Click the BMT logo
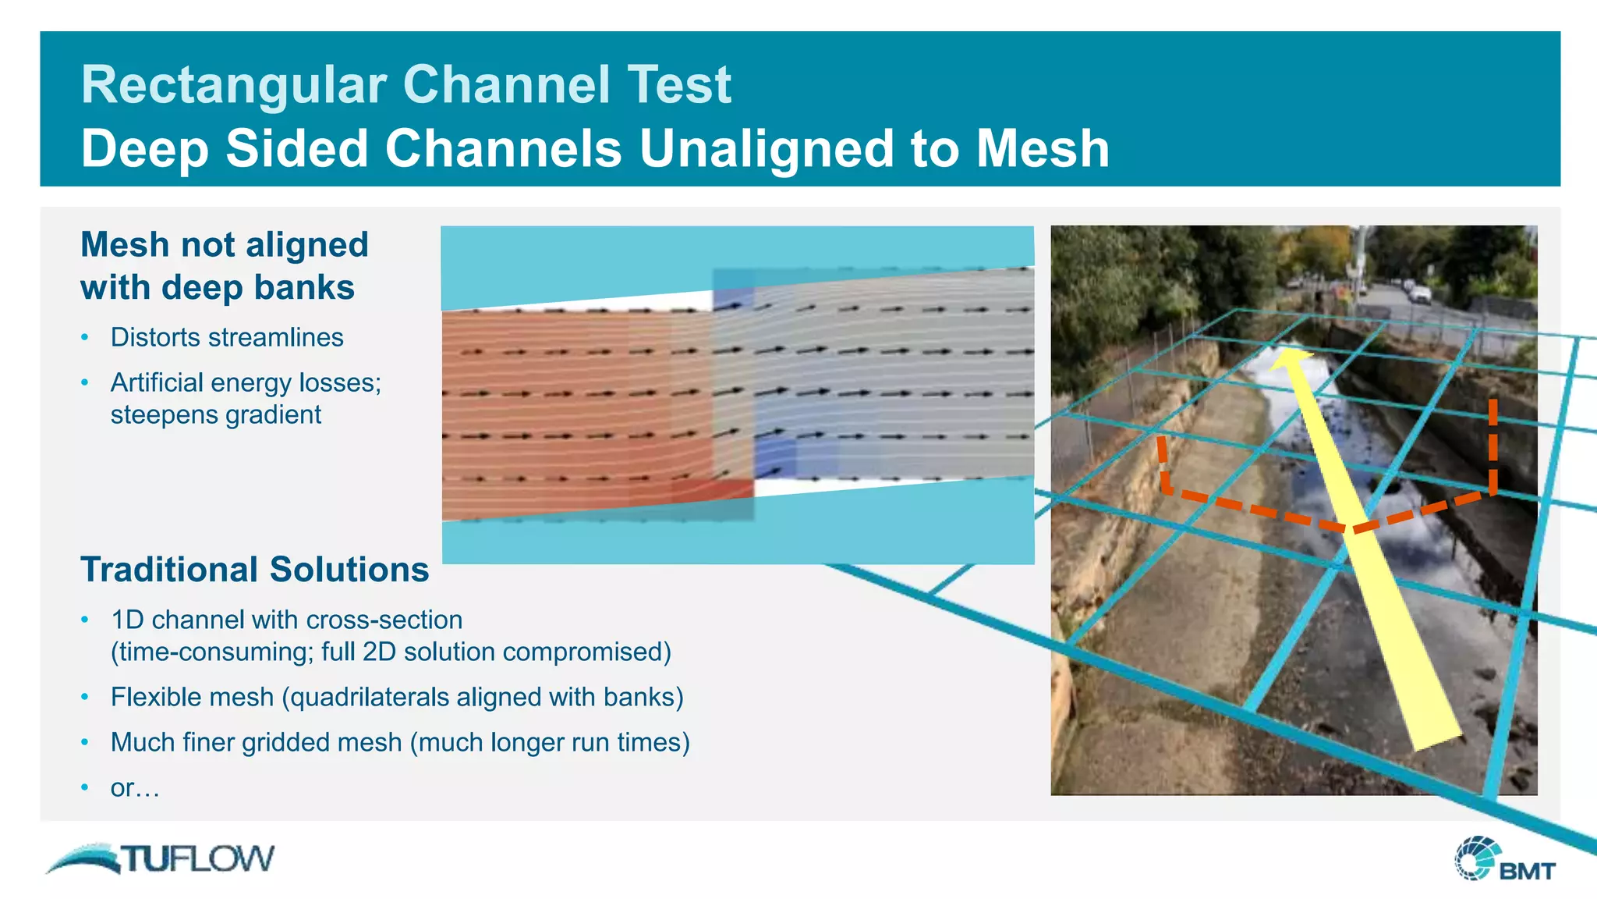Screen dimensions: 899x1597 click(x=1504, y=860)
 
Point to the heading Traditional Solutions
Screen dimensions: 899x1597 click(x=254, y=570)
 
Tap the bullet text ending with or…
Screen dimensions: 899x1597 click(x=135, y=788)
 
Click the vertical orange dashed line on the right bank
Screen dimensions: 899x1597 click(x=1493, y=445)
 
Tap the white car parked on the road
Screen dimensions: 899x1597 click(x=1420, y=295)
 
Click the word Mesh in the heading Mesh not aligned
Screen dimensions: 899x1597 click(x=126, y=245)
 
